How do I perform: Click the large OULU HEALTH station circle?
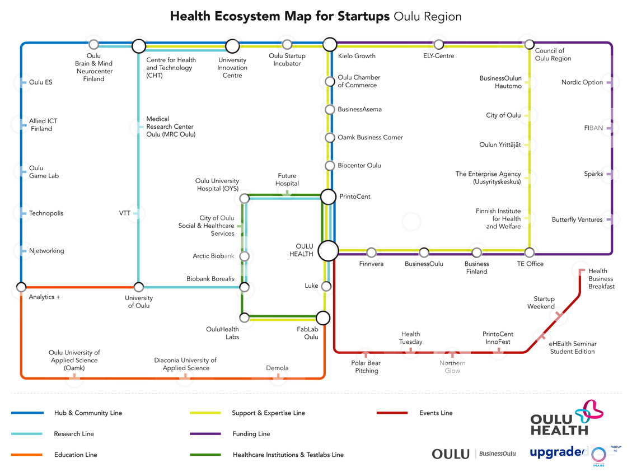point(328,251)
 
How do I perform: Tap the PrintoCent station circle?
point(329,197)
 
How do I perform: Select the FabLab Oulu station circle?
point(323,318)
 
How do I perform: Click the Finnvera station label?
point(371,264)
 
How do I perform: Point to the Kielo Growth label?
point(357,56)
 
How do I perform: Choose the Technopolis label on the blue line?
point(46,213)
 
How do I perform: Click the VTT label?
point(125,213)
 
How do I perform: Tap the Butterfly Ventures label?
point(577,219)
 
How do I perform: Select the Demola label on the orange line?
point(277,368)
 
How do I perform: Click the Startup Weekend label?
point(541,302)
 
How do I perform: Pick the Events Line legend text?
point(436,413)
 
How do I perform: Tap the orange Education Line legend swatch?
point(27,455)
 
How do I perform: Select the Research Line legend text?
point(74,434)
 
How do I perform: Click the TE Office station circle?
point(529,253)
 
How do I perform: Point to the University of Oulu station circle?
point(138,287)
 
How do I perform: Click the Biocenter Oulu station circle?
point(330,166)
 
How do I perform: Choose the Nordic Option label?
point(582,82)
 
